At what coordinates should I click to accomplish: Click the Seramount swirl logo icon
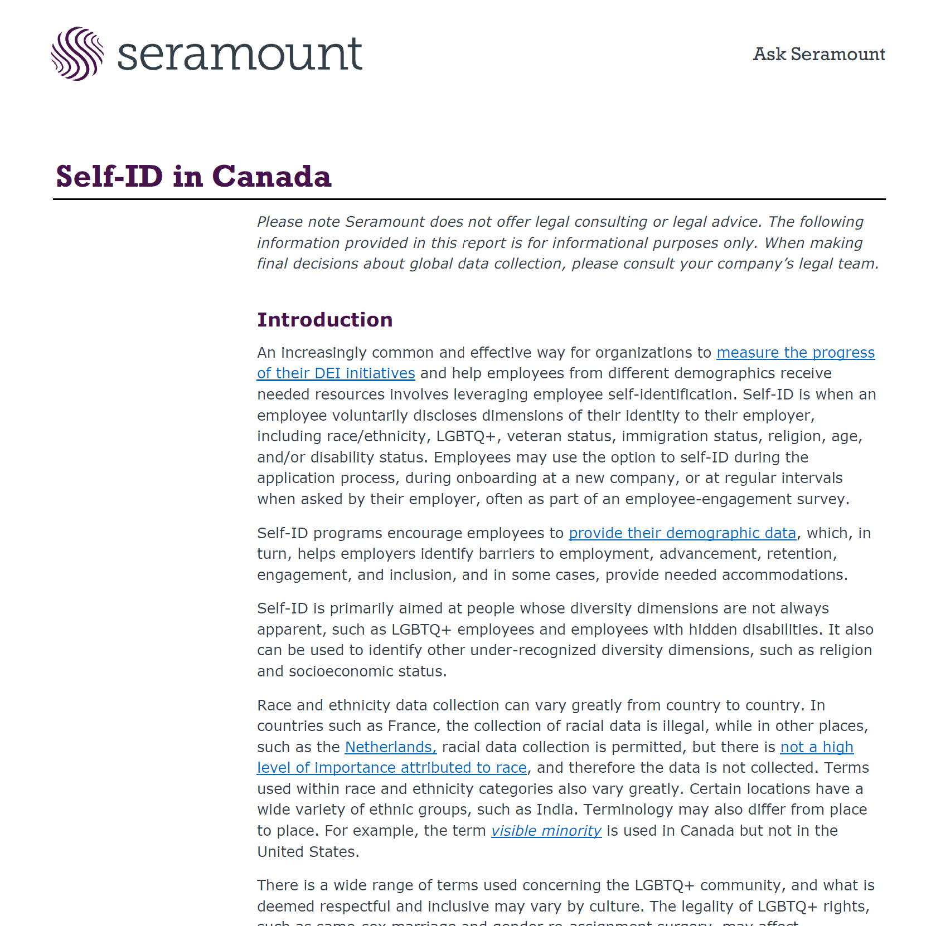click(77, 54)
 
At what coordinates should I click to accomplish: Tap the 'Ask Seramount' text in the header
click(818, 54)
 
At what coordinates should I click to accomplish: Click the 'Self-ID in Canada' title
click(193, 177)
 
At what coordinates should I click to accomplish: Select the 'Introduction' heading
click(324, 320)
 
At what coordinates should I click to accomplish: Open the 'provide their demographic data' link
click(682, 533)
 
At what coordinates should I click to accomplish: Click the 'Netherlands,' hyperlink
click(390, 747)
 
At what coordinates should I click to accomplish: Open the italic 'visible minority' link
click(546, 831)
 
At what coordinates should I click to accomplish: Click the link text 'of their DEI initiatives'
click(336, 373)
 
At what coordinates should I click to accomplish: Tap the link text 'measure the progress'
click(795, 353)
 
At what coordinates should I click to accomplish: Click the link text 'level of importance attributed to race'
click(391, 768)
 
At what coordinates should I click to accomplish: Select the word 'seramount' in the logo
click(240, 54)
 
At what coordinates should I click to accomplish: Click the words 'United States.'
click(308, 852)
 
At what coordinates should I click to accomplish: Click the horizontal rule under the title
click(469, 199)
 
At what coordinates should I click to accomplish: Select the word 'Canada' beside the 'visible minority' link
click(707, 831)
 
